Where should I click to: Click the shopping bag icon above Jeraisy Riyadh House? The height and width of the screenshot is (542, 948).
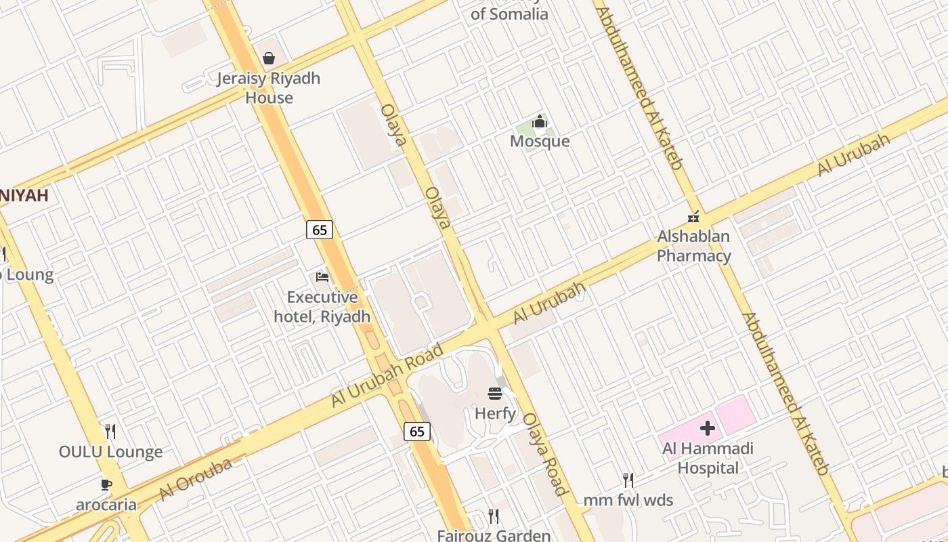pos(269,58)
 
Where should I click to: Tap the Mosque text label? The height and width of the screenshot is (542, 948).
pos(540,141)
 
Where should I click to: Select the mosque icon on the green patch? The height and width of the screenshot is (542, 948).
pos(540,122)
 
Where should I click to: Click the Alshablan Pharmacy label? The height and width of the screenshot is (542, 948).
pos(693,246)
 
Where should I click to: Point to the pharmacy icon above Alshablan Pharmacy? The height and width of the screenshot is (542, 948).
pos(693,217)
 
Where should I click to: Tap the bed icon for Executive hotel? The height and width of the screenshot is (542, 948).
pos(322,276)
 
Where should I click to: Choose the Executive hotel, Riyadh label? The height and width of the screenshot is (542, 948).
pos(322,307)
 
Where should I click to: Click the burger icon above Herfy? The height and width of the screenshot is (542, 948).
pos(495,394)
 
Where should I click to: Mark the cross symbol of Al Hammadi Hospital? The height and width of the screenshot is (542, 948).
pos(708,428)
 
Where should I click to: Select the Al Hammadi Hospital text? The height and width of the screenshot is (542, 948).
pos(708,458)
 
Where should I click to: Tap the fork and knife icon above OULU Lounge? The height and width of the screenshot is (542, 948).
pos(110,431)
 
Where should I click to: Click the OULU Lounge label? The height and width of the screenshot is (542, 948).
pos(110,452)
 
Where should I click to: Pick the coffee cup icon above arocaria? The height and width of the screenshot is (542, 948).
pos(106,484)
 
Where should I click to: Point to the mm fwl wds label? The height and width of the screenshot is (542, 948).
pos(628,501)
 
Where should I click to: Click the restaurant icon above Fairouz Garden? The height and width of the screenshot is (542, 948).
pos(494,516)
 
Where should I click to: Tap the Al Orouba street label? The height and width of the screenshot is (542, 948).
pos(196,479)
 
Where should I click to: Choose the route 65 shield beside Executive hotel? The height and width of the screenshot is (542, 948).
pos(320,230)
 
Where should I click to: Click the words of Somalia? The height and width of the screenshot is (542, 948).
pos(509,14)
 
